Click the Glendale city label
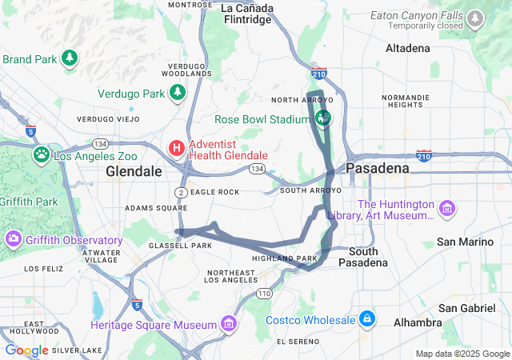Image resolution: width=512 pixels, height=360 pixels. [134, 172]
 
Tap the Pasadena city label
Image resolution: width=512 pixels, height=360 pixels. [378, 168]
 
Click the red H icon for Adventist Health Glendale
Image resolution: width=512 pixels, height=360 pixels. [176, 148]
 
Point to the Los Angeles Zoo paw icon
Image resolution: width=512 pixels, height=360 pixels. [41, 154]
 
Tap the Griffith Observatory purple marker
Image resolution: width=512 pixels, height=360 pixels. [14, 239]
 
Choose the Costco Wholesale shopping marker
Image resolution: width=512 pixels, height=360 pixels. [366, 319]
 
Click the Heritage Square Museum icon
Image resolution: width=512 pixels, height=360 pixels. [230, 324]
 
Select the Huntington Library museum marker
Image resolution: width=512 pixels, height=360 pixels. [447, 210]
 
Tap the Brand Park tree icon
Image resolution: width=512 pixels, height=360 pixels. [70, 58]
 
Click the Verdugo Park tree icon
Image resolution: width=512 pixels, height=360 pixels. [176, 94]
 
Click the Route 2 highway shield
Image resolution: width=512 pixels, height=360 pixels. [182, 192]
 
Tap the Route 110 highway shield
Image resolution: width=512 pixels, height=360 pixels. [265, 294]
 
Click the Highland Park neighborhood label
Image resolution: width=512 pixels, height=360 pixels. [285, 258]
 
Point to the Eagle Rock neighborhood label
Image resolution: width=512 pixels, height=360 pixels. [215, 192]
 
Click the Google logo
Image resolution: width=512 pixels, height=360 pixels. [26, 350]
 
